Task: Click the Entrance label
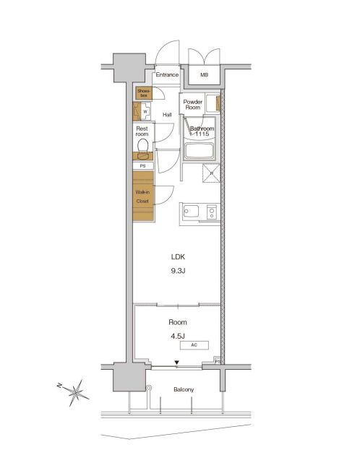[x=167, y=74]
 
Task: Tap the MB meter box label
[x=204, y=74]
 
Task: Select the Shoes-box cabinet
[x=143, y=92]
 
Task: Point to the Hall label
[x=167, y=115]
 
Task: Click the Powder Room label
[x=192, y=105]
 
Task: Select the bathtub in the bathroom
[x=200, y=152]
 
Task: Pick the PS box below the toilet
[x=142, y=165]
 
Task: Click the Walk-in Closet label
[x=142, y=196]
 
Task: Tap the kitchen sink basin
[x=192, y=212]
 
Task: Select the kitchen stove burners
[x=211, y=212]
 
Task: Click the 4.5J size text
[x=177, y=335]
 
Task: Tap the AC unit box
[x=194, y=345]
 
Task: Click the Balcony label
[x=184, y=390]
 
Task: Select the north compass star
[x=75, y=393]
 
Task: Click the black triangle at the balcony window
[x=176, y=365]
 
